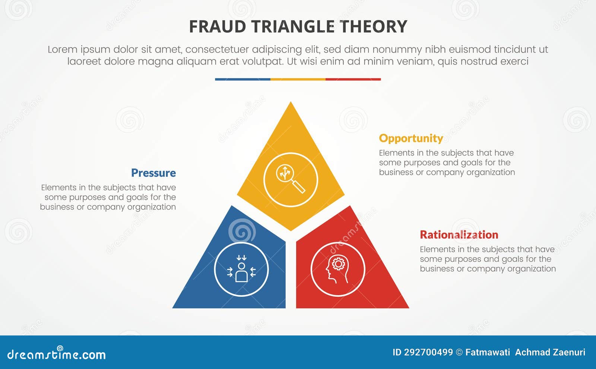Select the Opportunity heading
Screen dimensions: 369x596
(x=411, y=138)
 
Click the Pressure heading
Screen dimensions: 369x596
(x=153, y=173)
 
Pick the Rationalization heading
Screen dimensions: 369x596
(x=459, y=235)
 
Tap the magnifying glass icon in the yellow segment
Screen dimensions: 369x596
(x=290, y=179)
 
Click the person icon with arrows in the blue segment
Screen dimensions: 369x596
(x=241, y=269)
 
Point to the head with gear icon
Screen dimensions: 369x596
(x=337, y=269)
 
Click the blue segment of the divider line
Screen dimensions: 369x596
(x=242, y=79)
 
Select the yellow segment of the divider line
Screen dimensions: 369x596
(x=298, y=79)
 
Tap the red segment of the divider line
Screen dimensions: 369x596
(x=353, y=79)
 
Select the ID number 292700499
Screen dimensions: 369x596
(x=428, y=352)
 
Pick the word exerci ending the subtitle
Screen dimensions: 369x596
(x=514, y=61)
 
